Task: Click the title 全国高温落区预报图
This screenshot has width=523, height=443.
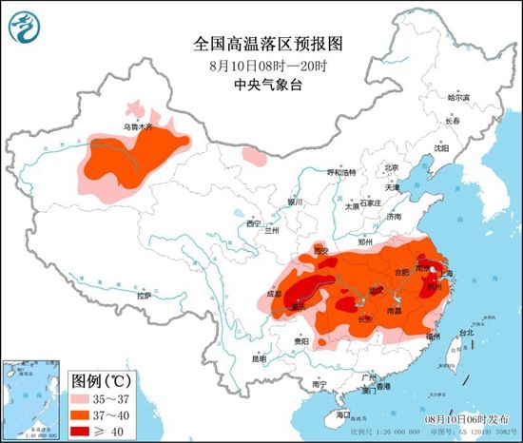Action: pyautogui.click(x=261, y=45)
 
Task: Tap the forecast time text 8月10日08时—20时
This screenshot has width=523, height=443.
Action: pyautogui.click(x=261, y=67)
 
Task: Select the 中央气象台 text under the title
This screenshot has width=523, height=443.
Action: pyautogui.click(x=261, y=86)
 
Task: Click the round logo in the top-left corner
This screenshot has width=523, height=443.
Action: pyautogui.click(x=25, y=25)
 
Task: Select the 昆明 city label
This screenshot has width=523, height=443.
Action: pyautogui.click(x=260, y=359)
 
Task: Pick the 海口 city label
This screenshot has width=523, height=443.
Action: pyautogui.click(x=344, y=415)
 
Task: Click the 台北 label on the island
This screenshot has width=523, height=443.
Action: pyautogui.click(x=466, y=333)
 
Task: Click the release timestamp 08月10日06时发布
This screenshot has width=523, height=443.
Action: pyautogui.click(x=469, y=417)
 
